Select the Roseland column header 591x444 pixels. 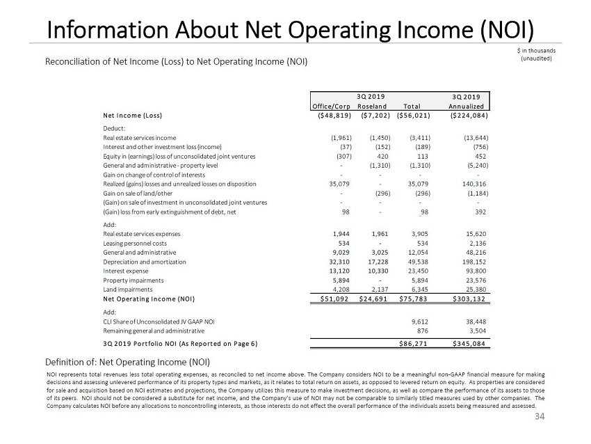point(371,106)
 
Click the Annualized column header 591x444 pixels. point(466,106)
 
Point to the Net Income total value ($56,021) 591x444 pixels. point(414,116)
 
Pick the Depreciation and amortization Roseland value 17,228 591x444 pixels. point(373,262)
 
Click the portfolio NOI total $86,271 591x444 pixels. point(413,344)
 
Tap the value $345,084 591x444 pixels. point(464,344)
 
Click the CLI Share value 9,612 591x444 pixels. point(419,322)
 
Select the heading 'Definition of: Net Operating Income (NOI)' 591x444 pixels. point(127,362)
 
